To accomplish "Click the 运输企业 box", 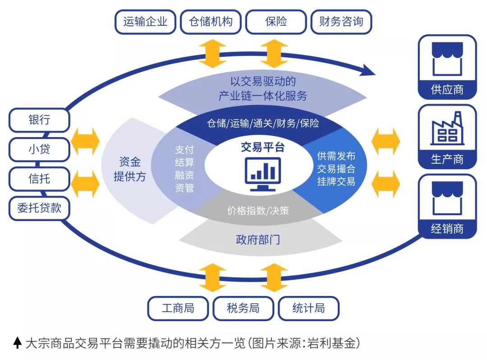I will coord(145,22).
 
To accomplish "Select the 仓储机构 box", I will coord(211,22).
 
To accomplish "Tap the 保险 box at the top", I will coord(276,22).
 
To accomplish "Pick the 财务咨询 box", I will coord(341,22).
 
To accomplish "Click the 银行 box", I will coord(39,120).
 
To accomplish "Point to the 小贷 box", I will coord(39,149).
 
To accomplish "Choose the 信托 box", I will coord(39,178).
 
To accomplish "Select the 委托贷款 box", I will coord(39,208).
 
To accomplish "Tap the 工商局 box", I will coord(178,308).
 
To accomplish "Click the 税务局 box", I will coord(243,308).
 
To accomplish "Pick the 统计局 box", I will coord(308,308).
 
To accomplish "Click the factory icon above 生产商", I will coord(447,128).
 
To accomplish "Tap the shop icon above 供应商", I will coord(447,59).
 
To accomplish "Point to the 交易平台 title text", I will coord(262,148).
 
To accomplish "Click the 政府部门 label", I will coord(258,239).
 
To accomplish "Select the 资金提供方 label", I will coord(130,169).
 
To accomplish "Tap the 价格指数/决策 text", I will coord(258,210).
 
